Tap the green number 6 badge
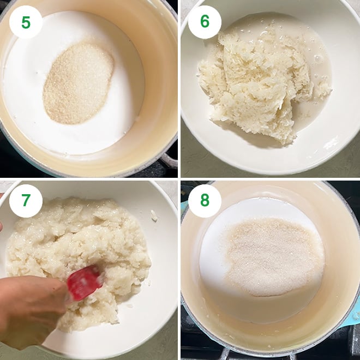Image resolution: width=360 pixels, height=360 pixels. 205,22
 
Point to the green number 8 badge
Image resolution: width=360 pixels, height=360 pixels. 205,201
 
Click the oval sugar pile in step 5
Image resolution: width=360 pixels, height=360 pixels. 78,83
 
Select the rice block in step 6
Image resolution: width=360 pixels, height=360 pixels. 256,82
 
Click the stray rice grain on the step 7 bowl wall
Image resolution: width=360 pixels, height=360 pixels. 154,217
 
